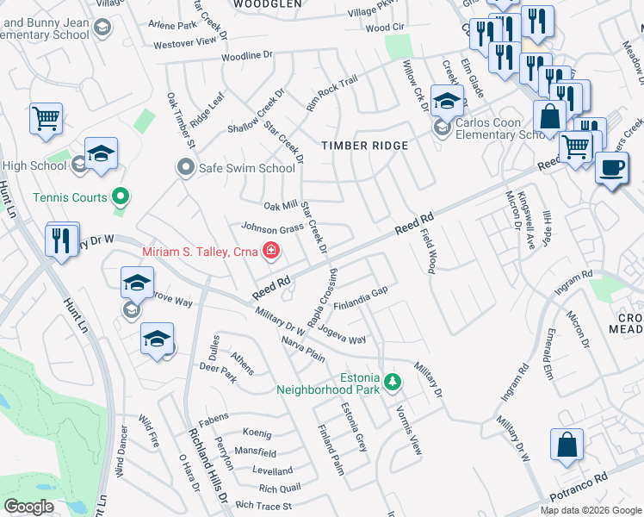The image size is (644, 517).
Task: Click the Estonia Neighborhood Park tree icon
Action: coord(393,381)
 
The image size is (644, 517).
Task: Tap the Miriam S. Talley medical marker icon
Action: coord(271,251)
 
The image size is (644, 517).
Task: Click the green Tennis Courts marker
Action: coord(121,197)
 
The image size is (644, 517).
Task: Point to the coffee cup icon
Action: coord(611,168)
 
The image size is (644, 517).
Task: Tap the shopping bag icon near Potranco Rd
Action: coord(567,446)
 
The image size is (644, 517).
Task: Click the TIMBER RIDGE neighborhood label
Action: coord(364,146)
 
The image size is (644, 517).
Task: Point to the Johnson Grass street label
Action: coord(272,229)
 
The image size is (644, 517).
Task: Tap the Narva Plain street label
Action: coord(302,349)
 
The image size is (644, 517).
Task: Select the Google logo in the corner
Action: coord(29,507)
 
